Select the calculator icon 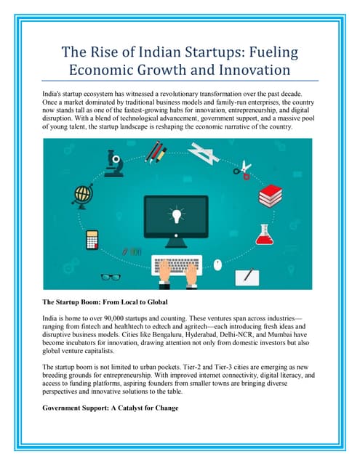pyautogui.click(x=92, y=239)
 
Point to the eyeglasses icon pyautogui.click(x=111, y=276)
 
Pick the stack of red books pyautogui.click(x=271, y=194)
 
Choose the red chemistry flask pyautogui.click(x=265, y=233)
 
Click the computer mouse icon pyautogui.click(x=217, y=264)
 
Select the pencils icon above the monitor pyautogui.click(x=155, y=153)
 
